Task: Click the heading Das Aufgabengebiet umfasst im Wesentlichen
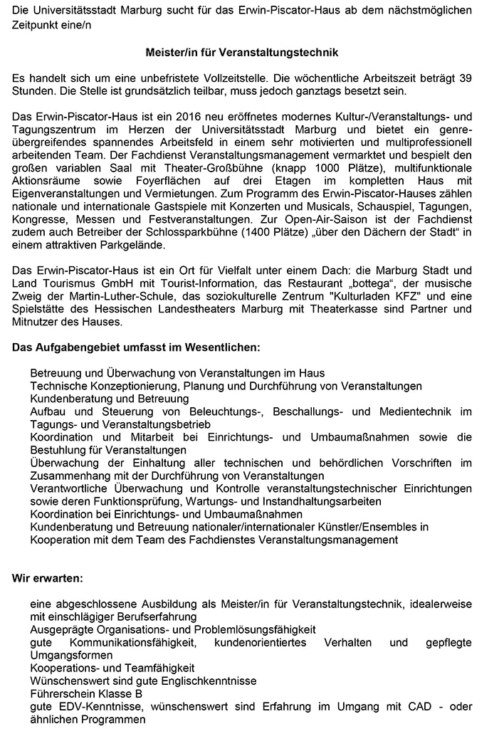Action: coord(136,348)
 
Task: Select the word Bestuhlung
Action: coord(58,450)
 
